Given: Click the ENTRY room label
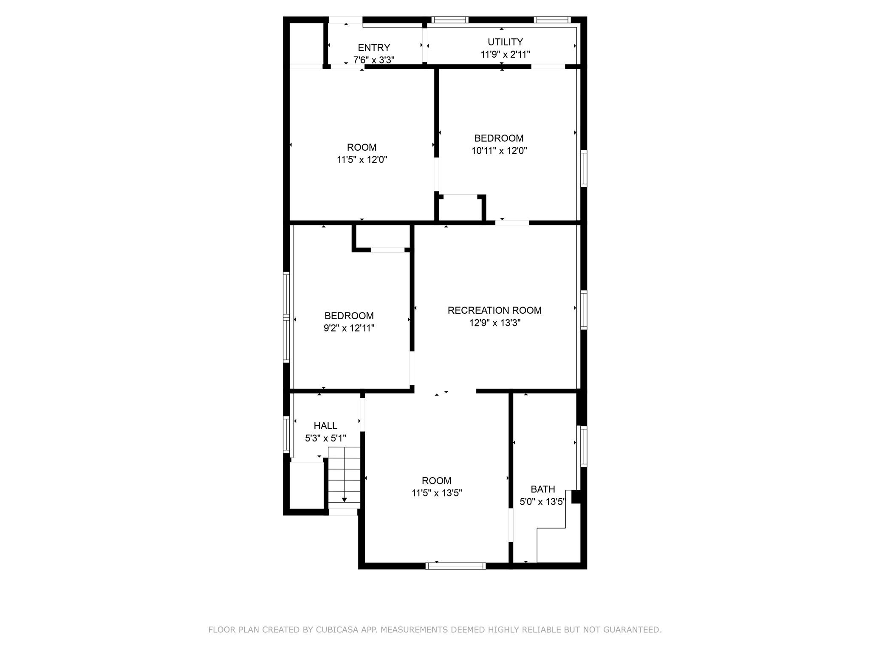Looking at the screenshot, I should (x=373, y=48).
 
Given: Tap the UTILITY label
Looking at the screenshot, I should (x=505, y=42).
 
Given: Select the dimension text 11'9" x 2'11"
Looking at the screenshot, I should (x=505, y=54).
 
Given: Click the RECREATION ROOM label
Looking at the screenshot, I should (x=494, y=310).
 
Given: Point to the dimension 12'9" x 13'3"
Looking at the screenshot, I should (x=494, y=323).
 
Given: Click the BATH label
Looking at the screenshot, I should (x=542, y=489).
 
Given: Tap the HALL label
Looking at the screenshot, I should (x=325, y=426).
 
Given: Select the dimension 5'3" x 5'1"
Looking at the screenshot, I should (x=325, y=438).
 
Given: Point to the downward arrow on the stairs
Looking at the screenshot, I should (x=344, y=499).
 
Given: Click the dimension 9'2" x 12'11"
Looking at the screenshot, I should (x=349, y=328).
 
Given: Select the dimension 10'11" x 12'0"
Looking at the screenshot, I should (x=499, y=151).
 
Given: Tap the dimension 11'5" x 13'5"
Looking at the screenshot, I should (x=436, y=493).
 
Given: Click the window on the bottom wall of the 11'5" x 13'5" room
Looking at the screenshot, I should (x=455, y=565).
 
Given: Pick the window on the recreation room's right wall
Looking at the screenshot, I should (x=584, y=310).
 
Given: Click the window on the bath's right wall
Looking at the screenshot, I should (x=584, y=447).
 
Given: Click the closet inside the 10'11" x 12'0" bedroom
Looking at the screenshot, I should (x=460, y=208).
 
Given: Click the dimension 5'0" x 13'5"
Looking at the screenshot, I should (x=542, y=502).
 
